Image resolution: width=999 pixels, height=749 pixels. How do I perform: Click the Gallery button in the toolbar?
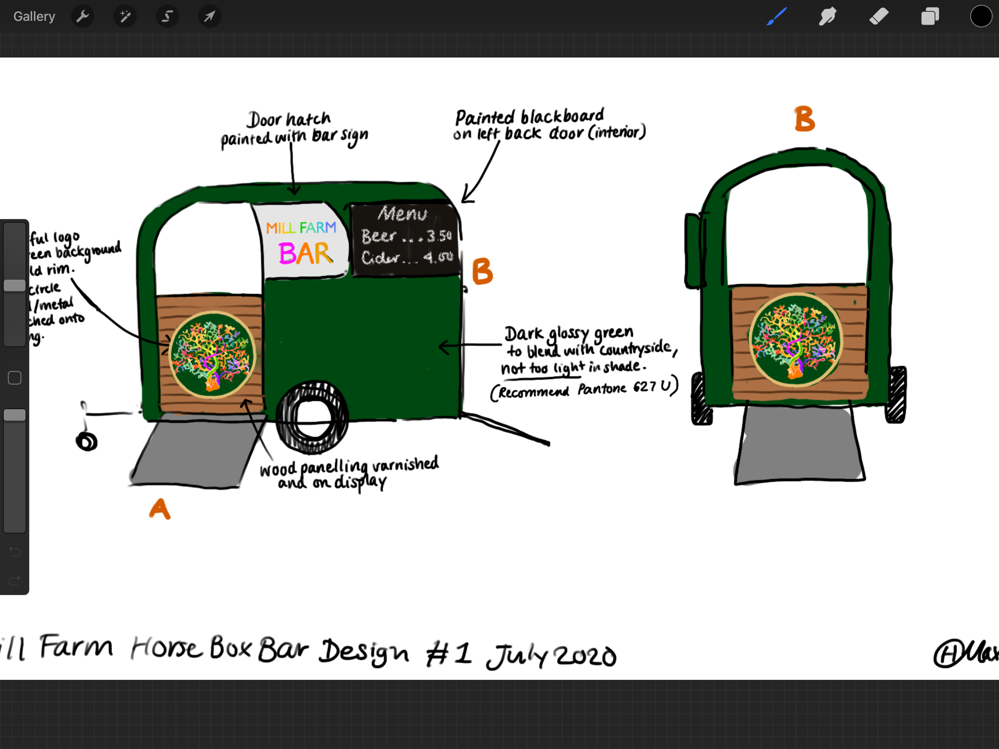(34, 17)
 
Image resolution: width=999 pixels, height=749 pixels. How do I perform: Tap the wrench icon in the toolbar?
(83, 17)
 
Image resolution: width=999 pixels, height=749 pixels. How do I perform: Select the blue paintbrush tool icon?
(776, 17)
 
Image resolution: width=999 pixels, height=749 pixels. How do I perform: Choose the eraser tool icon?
(878, 17)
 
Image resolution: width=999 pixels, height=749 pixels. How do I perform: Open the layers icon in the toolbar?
(929, 17)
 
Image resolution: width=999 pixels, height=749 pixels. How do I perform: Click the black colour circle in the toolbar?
(981, 17)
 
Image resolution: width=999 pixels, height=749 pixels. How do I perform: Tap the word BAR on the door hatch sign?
(306, 253)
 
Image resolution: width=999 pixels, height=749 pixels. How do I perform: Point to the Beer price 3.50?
(438, 236)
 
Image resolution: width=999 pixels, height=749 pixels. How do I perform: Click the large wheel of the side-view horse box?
(312, 417)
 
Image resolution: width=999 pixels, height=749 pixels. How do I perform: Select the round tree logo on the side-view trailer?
(212, 355)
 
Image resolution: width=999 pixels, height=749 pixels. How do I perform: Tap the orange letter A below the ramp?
(159, 509)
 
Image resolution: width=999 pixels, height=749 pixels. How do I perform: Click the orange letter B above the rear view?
(804, 119)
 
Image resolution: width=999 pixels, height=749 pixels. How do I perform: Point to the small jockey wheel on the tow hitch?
(87, 441)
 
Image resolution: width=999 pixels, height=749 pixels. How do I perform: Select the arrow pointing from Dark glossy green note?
(470, 346)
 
